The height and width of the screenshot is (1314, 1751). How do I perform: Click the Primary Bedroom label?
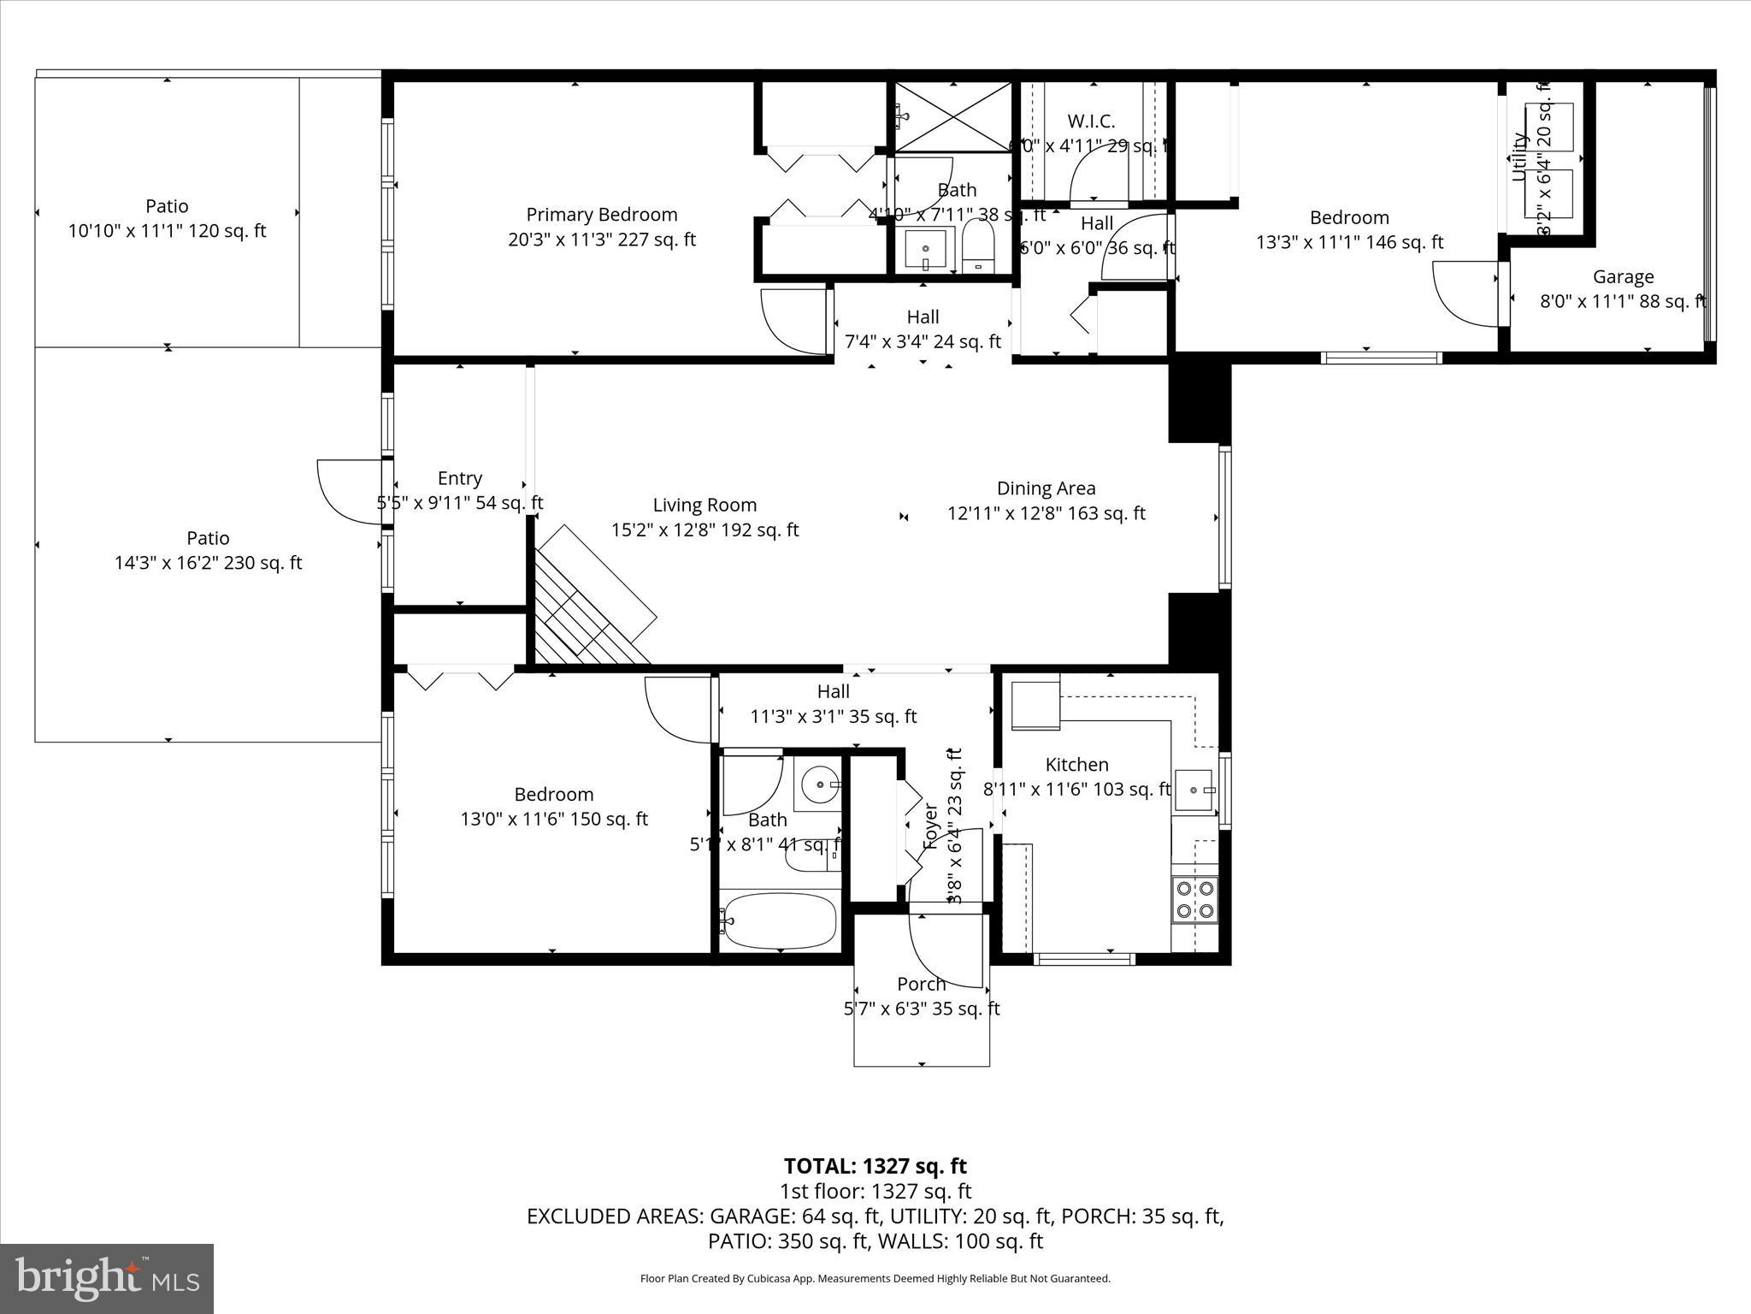(x=601, y=215)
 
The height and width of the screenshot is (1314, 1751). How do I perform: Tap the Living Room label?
(x=705, y=506)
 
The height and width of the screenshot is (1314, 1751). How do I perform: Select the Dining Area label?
(x=1046, y=488)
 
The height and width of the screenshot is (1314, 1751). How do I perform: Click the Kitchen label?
(x=1076, y=765)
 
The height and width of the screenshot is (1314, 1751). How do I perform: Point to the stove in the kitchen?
(x=1194, y=899)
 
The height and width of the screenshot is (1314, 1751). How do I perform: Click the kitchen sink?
(x=1194, y=790)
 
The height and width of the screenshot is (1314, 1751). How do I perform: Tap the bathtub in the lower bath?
(x=778, y=920)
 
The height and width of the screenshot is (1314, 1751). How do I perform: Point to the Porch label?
(x=921, y=984)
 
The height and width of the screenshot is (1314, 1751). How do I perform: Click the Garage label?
(x=1623, y=277)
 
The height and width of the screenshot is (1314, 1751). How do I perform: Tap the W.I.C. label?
(x=1091, y=121)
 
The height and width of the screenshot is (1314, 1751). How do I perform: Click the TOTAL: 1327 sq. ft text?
(x=875, y=1166)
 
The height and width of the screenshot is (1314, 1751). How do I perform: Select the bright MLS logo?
(x=107, y=1278)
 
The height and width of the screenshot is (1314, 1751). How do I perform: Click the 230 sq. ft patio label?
(x=208, y=550)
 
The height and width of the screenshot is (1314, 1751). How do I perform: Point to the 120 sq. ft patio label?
(x=167, y=218)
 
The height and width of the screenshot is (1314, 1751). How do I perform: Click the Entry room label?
(x=459, y=478)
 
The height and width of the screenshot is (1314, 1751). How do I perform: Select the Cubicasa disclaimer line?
(x=875, y=1279)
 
